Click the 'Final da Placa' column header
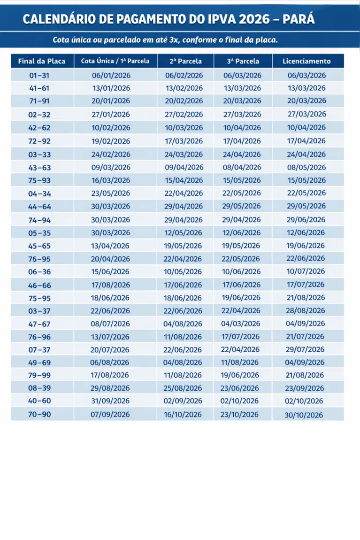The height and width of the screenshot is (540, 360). pyautogui.click(x=42, y=61)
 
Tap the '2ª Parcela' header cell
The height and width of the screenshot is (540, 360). pyautogui.click(x=185, y=61)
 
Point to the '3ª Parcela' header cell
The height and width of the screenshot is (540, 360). pyautogui.click(x=243, y=61)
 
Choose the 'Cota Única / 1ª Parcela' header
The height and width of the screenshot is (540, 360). pyautogui.click(x=115, y=61)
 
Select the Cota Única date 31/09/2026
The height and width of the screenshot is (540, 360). pyautogui.click(x=111, y=401)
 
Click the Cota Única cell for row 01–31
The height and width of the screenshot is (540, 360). pyautogui.click(x=111, y=75)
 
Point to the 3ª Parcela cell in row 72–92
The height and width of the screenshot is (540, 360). pyautogui.click(x=242, y=141)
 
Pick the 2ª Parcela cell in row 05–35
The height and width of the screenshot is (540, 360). pyautogui.click(x=184, y=232)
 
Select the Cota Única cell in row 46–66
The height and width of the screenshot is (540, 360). pyautogui.click(x=111, y=285)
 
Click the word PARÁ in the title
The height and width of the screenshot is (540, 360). pyautogui.click(x=299, y=19)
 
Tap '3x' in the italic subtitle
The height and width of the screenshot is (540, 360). pyautogui.click(x=174, y=39)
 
